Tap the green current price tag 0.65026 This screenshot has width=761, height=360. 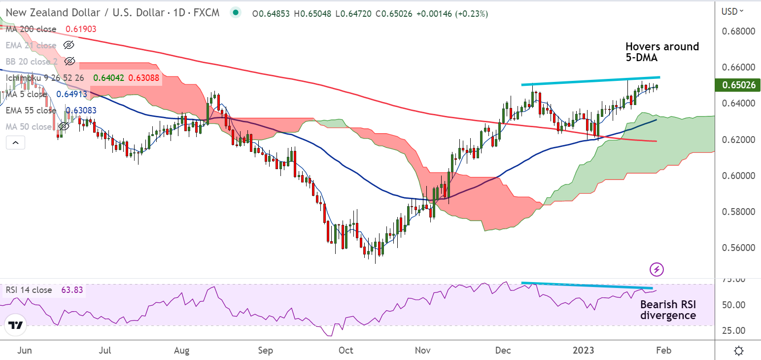(x=738, y=85)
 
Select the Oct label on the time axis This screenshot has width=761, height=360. (x=346, y=351)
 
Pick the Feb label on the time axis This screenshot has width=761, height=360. (x=663, y=351)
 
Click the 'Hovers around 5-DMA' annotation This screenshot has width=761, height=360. (x=662, y=52)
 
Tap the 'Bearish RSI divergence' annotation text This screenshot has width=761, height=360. (x=668, y=310)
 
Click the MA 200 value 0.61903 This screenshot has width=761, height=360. (x=81, y=29)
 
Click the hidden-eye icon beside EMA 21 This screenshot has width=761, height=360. (x=69, y=45)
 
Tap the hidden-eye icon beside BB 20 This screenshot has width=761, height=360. (x=69, y=62)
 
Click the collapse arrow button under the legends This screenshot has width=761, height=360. (x=15, y=143)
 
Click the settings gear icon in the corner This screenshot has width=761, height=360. (x=739, y=351)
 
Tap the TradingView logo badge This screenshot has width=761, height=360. (x=15, y=326)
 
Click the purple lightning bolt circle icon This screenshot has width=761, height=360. (x=657, y=269)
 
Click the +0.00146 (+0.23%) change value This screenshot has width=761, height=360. (x=452, y=14)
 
